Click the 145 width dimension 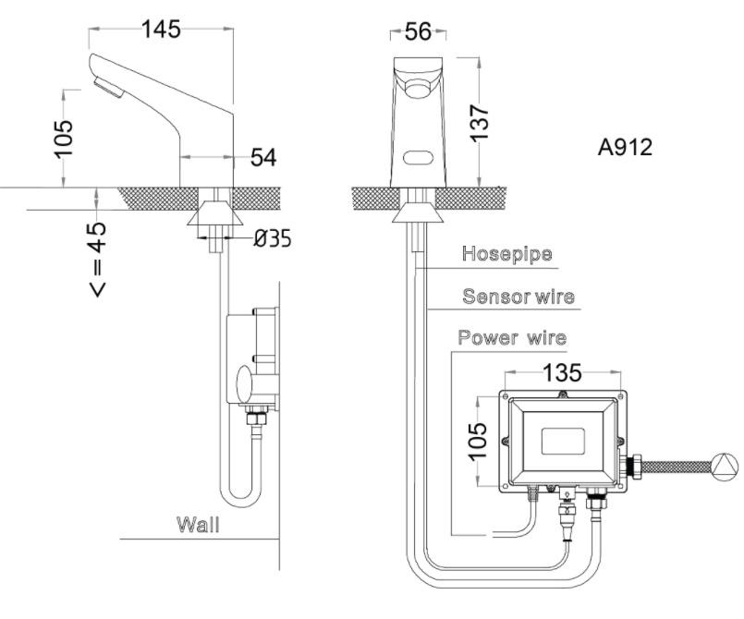click(161, 30)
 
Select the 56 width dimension click(418, 32)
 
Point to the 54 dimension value click(263, 158)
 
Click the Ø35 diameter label click(272, 238)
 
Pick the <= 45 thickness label click(96, 258)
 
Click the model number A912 click(624, 148)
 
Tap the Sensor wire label click(518, 297)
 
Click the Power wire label click(513, 337)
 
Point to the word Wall click(199, 526)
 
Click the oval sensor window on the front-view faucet click(421, 157)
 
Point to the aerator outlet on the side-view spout click(108, 91)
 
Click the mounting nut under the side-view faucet click(214, 217)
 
